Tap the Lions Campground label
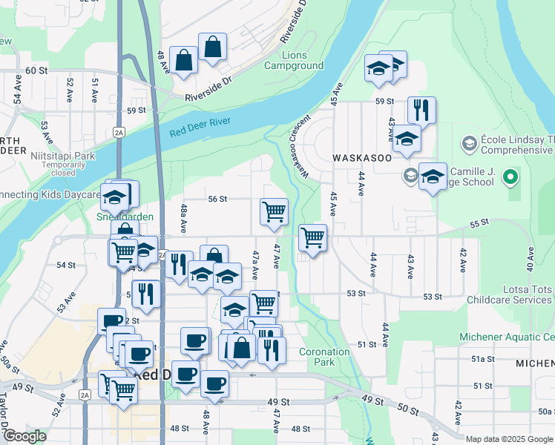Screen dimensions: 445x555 tap(303, 60)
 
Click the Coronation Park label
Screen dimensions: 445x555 tap(324, 357)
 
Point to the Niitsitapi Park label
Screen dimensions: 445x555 tap(64, 156)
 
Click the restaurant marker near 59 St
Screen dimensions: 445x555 tap(421, 111)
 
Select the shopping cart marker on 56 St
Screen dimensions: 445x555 tap(275, 211)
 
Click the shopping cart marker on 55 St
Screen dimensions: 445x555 tap(313, 238)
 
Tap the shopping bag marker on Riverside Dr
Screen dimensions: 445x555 tap(213, 47)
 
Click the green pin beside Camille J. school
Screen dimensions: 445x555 tap(510, 177)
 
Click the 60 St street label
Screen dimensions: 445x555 tap(36, 70)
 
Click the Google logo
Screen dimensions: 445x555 tap(24, 437)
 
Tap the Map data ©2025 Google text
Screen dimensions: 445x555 tap(508, 439)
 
